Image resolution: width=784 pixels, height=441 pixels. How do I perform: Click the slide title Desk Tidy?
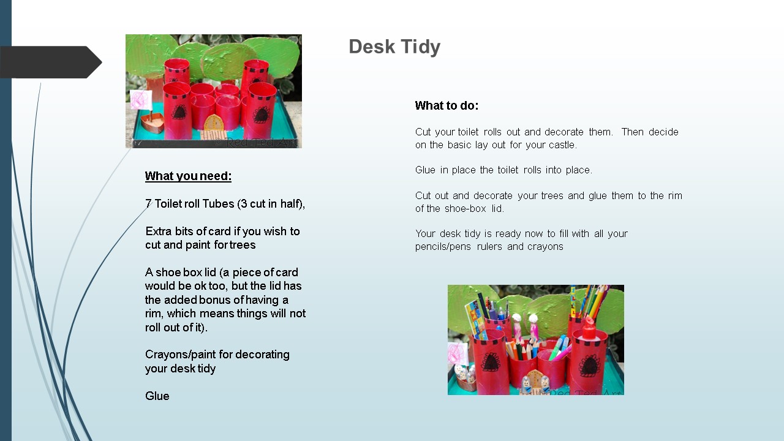(x=394, y=47)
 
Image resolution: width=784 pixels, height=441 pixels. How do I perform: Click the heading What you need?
(x=188, y=176)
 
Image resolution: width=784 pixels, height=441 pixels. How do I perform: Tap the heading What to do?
(x=447, y=105)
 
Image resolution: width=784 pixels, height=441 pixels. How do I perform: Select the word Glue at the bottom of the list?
(x=157, y=396)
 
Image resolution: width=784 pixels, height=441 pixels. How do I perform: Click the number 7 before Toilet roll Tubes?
(x=148, y=204)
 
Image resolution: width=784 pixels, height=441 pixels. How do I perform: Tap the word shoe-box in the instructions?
(x=465, y=209)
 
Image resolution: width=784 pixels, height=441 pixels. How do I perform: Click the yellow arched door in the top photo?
(x=213, y=123)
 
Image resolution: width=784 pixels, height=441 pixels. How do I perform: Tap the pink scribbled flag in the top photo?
(x=141, y=99)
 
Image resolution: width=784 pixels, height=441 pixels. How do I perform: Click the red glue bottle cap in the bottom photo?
(x=589, y=328)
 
